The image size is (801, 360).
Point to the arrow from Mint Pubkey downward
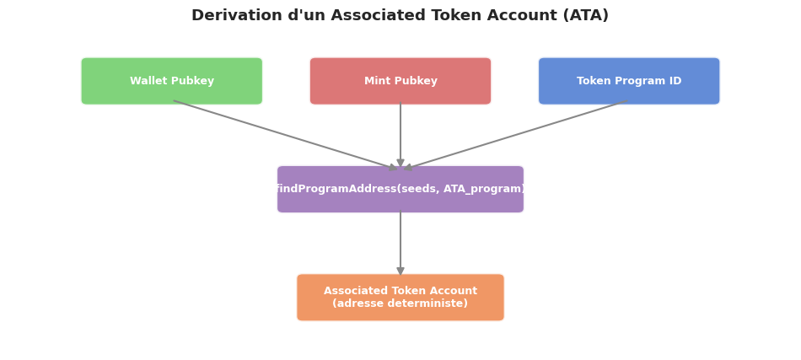point(400,135)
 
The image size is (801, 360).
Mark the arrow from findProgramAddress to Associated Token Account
point(400,243)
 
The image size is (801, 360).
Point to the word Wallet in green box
point(148,82)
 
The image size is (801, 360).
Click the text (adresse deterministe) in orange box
point(400,304)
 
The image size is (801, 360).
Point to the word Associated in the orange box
point(353,291)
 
